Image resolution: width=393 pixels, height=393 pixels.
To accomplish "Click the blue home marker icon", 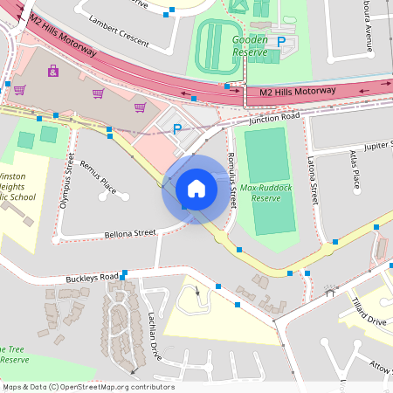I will coord(196,189).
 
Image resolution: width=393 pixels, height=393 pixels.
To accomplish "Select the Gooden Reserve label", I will coord(249,45).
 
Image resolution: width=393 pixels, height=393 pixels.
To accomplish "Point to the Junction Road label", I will coord(273,117).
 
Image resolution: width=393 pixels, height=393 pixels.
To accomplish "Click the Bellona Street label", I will coord(129,234).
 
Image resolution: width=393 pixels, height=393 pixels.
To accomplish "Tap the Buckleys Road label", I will coord(91,278).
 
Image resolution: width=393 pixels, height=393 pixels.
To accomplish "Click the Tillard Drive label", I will coord(371,313).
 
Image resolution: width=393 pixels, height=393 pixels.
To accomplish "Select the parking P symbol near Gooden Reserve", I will coord(280,41).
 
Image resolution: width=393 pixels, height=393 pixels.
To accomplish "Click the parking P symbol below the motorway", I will coord(177,128).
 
